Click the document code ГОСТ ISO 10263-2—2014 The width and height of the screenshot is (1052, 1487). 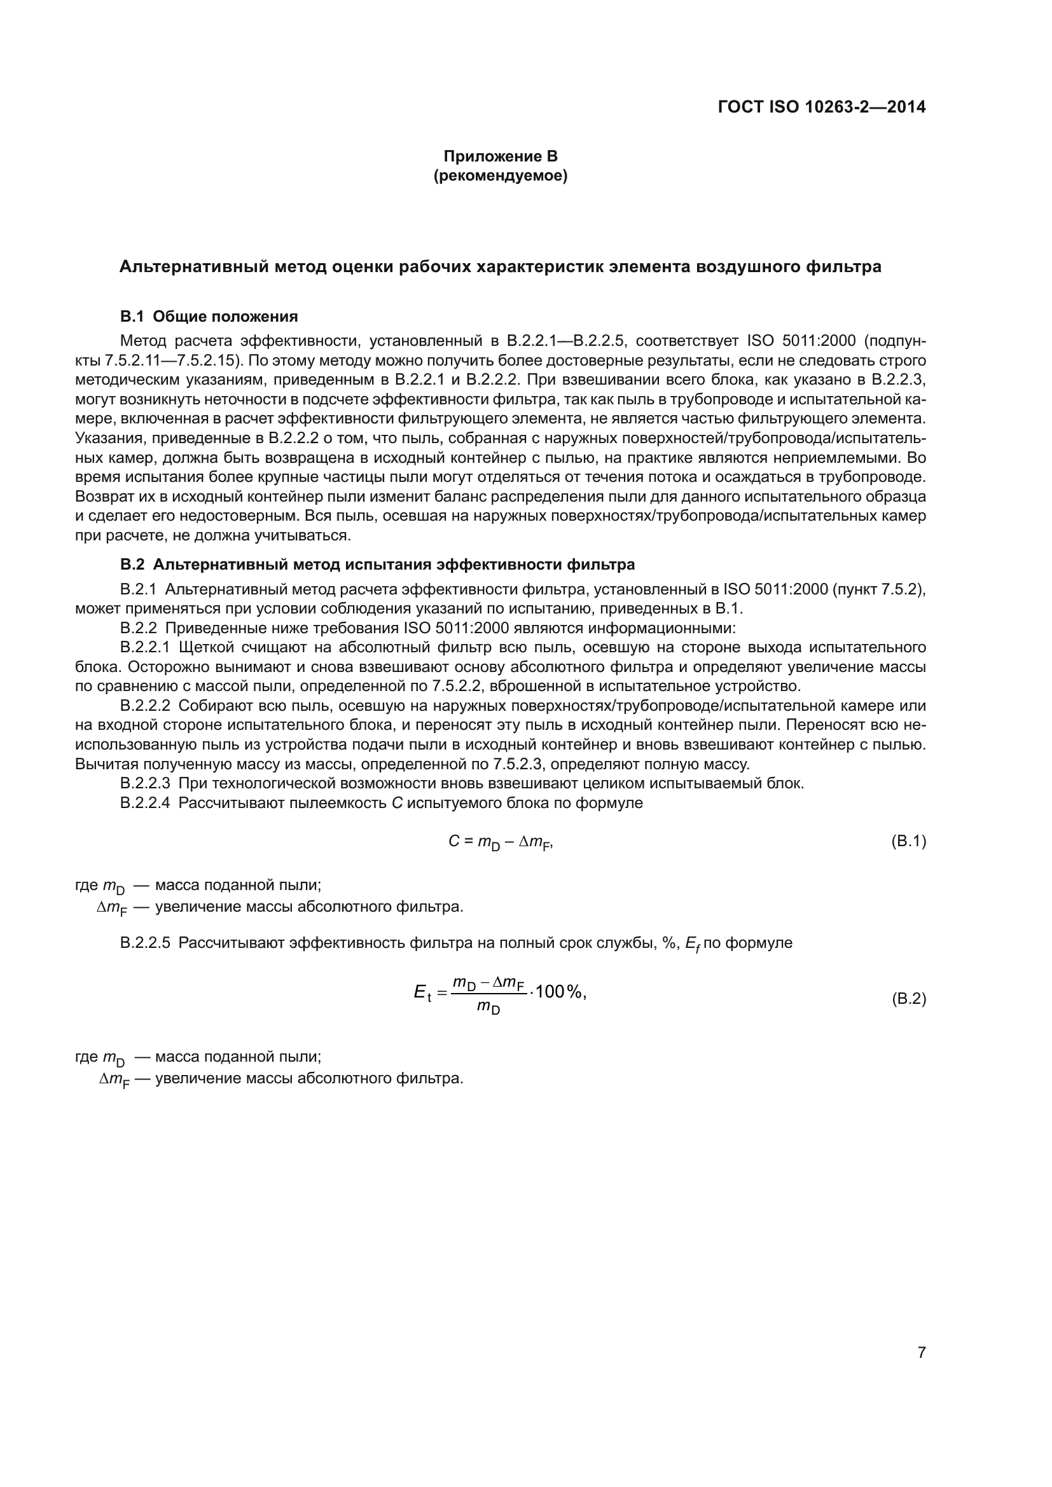tap(821, 107)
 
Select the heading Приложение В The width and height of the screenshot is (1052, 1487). tap(500, 156)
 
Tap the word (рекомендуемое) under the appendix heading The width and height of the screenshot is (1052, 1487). tap(500, 176)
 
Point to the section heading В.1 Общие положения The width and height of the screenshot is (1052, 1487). tap(209, 317)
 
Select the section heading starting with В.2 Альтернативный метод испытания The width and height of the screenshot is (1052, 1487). tap(377, 565)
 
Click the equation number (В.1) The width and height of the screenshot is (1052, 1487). tap(909, 841)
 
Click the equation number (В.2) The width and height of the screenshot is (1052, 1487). tap(909, 999)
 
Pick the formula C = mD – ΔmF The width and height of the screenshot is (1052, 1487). tap(500, 842)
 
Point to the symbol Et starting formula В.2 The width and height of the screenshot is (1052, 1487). tap(422, 992)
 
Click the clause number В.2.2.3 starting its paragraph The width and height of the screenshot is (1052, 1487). tap(145, 784)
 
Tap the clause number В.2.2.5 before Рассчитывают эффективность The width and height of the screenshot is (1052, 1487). tap(145, 943)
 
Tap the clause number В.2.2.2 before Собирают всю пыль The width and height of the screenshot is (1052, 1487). tap(145, 706)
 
